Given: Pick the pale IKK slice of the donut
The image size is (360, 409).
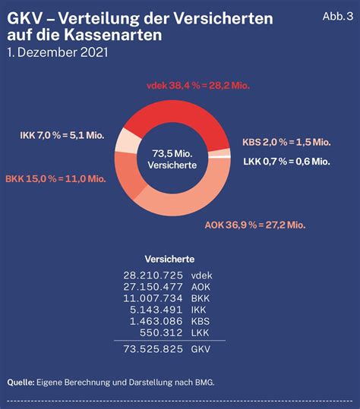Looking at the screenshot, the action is coord(128,141).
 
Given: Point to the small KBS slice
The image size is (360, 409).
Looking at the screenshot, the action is coord(219,153).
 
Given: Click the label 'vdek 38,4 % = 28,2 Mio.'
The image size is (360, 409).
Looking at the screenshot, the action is coord(198,86).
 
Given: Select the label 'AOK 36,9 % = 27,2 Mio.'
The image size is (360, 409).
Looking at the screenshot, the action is coord(255,225).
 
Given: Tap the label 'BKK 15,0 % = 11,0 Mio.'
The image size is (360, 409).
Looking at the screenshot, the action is coord(56,179).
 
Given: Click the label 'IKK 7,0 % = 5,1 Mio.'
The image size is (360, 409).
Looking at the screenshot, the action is coord(62,135).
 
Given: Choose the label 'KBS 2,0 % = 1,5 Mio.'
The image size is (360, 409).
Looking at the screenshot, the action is coord(286,143).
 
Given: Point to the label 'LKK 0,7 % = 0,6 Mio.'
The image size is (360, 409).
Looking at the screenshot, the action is coord(286,162).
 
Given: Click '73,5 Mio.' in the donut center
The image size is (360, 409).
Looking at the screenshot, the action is coord(172,153).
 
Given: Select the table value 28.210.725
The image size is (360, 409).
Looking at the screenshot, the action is coord(153,275).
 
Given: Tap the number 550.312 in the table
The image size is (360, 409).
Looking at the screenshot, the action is coord(161,333).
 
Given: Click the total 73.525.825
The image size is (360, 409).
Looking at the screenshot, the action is coord(153,349).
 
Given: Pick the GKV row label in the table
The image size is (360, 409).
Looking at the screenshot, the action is coord(201,349).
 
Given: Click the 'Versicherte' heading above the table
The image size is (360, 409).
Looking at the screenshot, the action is coord(169,260).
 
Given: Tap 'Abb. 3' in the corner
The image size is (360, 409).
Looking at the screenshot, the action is coord(338,17).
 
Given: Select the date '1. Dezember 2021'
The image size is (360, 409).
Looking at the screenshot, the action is coord(58,52).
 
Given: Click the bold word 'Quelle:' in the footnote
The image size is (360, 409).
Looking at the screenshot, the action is coord(21,382).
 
